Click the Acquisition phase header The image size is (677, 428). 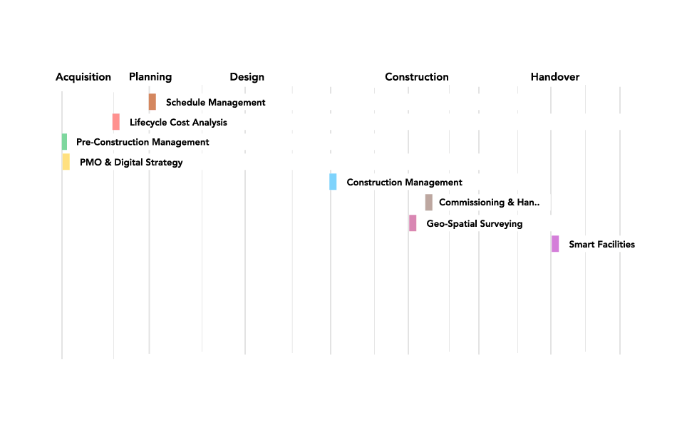(83, 77)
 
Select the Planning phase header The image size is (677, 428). (150, 77)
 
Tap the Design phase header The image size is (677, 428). (247, 77)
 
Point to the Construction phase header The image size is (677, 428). (417, 77)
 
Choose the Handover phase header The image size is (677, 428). (555, 77)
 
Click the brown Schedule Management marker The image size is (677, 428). (153, 102)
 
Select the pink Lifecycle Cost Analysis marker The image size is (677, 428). (116, 122)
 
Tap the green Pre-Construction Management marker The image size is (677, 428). (64, 142)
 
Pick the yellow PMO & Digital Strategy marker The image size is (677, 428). (66, 162)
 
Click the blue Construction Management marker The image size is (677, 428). (333, 182)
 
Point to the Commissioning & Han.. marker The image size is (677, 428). (429, 203)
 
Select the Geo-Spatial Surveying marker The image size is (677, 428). (413, 223)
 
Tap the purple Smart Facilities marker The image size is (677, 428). (555, 244)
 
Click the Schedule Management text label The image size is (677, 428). (215, 103)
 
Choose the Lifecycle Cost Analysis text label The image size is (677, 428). (178, 123)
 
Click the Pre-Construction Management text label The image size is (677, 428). (143, 143)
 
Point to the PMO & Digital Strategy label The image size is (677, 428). (131, 163)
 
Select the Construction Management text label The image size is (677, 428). (404, 183)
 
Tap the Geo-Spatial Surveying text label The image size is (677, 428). (474, 224)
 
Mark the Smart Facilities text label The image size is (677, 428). (601, 245)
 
